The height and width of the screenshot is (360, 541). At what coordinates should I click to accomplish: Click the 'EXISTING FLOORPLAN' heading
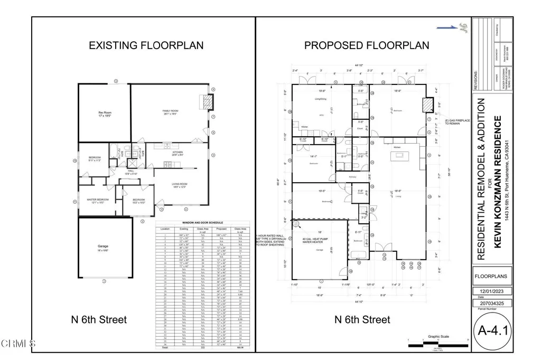click(x=146, y=45)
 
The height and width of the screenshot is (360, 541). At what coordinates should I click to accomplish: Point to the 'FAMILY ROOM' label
click(x=170, y=111)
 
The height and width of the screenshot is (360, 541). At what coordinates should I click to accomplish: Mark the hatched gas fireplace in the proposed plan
click(x=426, y=105)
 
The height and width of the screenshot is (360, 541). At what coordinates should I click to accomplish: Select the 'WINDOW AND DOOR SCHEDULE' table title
click(x=203, y=223)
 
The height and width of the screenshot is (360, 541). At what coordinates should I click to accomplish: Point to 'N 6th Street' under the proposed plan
click(x=362, y=319)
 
